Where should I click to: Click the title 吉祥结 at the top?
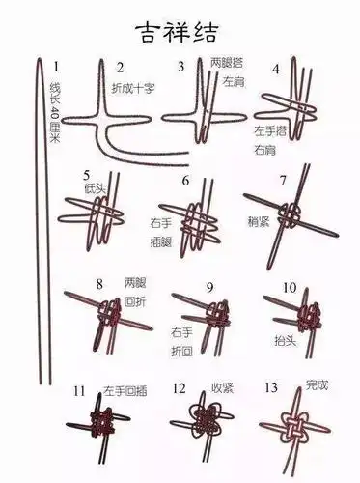pos(179,25)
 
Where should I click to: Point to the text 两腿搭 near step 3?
pos(227,62)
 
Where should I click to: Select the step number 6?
pos(184,181)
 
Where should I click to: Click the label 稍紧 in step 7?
pos(258,220)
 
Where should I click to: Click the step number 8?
pos(98,284)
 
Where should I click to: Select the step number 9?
pos(208,287)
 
